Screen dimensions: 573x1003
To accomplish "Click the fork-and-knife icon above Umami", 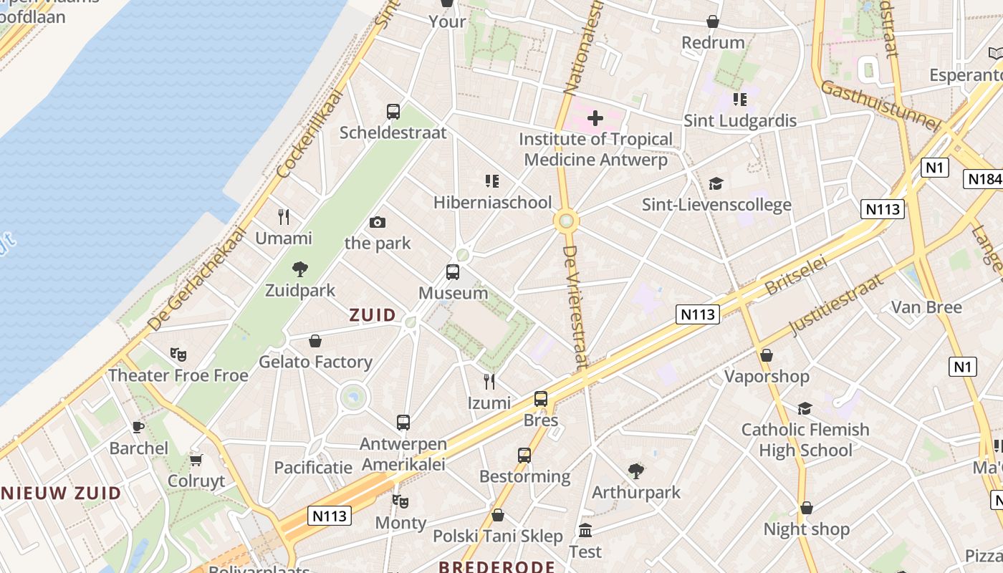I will click(x=284, y=216).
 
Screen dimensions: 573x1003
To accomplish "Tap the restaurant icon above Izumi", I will click(x=489, y=381).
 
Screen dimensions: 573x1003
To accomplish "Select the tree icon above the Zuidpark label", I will click(x=300, y=269).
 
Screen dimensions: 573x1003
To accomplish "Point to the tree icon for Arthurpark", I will click(x=635, y=471).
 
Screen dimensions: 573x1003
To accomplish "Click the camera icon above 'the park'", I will click(x=378, y=222).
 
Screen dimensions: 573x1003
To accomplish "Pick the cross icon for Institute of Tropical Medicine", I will click(x=595, y=117).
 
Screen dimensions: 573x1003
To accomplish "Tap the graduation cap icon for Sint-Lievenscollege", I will click(x=716, y=184).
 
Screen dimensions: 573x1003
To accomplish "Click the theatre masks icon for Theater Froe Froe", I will click(x=178, y=354).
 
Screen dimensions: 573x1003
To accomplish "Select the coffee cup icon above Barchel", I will click(x=138, y=428).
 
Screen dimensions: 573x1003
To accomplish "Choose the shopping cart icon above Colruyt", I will click(x=196, y=460).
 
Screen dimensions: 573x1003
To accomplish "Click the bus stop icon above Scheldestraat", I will click(x=393, y=112).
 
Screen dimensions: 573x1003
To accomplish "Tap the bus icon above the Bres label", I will click(x=541, y=399).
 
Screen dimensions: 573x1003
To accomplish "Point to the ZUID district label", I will click(x=373, y=314).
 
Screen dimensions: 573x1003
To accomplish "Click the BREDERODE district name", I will click(x=496, y=567).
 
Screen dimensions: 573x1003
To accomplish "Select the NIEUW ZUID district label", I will click(x=61, y=493).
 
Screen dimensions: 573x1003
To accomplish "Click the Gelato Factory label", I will click(x=315, y=362).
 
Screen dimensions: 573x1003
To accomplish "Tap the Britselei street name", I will click(x=796, y=275).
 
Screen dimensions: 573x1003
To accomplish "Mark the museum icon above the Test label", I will click(x=585, y=531).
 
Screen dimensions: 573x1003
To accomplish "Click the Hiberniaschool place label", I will click(x=493, y=202).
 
